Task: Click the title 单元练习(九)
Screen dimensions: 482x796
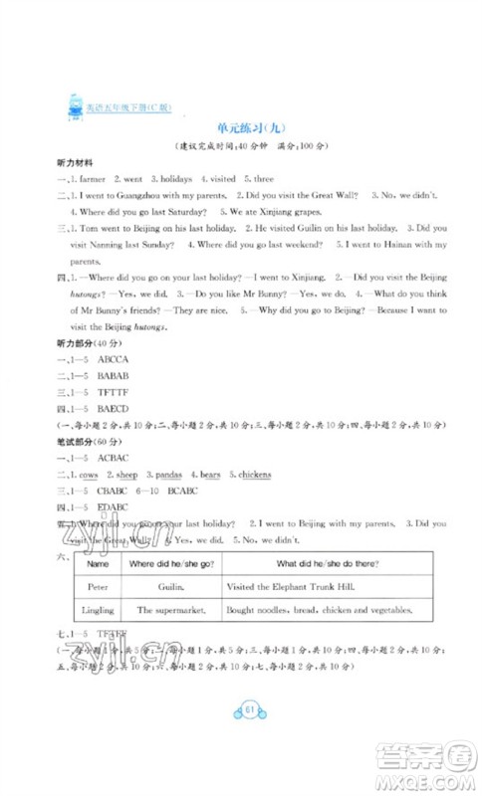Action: (240, 126)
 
